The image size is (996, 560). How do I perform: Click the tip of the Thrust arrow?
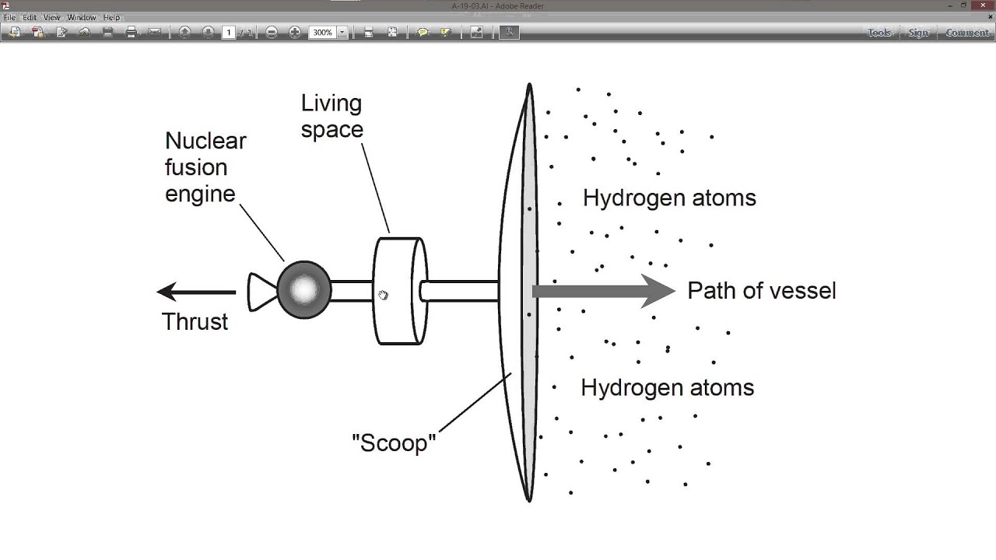tap(157, 292)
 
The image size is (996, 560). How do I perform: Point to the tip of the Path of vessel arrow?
tap(675, 291)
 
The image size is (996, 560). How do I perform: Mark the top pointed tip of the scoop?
tap(529, 83)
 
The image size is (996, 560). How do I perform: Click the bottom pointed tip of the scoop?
tap(529, 502)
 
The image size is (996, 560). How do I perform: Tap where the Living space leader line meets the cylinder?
tap(390, 233)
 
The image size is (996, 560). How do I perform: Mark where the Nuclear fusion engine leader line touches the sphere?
tap(284, 261)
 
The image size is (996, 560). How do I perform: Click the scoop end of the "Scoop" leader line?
tap(511, 373)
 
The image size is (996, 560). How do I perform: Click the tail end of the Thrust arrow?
tap(236, 292)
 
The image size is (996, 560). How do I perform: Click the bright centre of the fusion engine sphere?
tap(304, 290)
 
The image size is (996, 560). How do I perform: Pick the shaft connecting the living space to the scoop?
tap(459, 291)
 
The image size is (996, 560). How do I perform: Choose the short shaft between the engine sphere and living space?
tap(352, 291)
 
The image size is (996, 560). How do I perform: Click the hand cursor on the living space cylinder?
tap(383, 295)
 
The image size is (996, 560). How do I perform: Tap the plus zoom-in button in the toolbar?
tap(294, 32)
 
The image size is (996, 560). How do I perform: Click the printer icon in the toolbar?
tap(131, 32)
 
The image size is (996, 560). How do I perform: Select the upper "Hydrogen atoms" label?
tap(669, 198)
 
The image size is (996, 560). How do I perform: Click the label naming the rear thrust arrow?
tap(195, 321)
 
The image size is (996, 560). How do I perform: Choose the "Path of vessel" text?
tap(762, 291)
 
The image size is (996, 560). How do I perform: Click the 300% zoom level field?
tap(322, 33)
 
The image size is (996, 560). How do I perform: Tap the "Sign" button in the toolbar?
tap(918, 33)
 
